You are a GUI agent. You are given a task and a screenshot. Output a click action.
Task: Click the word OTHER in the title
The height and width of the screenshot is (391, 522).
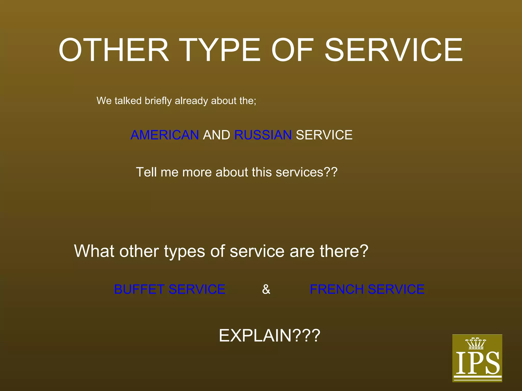click(114, 50)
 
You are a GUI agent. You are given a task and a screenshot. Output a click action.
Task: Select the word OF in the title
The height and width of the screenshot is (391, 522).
click(292, 50)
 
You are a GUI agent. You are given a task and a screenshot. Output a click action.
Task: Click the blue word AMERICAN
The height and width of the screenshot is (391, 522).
click(165, 135)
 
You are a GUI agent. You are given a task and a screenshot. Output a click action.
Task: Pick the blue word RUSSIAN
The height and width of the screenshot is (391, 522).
click(263, 135)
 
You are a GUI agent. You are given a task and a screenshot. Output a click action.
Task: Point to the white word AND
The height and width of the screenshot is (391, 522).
click(216, 135)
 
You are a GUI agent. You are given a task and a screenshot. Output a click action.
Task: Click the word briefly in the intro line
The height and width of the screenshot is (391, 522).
click(158, 101)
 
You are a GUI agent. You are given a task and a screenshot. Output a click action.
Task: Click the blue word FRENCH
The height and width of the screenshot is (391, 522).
click(336, 289)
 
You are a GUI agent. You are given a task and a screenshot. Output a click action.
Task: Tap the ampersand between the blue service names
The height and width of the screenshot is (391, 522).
click(266, 289)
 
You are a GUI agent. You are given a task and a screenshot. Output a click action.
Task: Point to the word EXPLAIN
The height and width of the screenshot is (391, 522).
click(255, 336)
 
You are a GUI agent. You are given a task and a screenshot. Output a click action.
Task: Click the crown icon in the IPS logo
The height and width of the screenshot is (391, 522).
click(476, 343)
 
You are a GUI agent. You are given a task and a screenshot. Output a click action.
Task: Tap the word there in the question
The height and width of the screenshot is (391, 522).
click(341, 251)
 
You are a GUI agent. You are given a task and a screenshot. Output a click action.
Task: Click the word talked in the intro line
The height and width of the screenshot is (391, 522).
click(128, 101)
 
